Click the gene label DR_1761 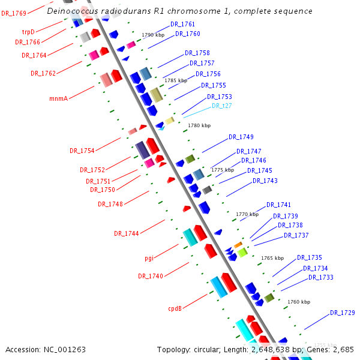(x=182, y=24)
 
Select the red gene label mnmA (x=58, y=98)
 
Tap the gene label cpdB (x=175, y=309)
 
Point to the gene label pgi (x=149, y=258)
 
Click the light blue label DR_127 (x=221, y=106)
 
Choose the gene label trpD (x=28, y=32)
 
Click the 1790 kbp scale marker (x=152, y=35)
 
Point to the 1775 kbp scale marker (x=222, y=170)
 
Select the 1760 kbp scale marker (x=299, y=302)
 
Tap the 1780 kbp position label (x=199, y=125)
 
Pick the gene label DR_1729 (x=342, y=313)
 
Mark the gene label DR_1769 (x=13, y=13)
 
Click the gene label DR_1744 (x=126, y=233)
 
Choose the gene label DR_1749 (x=241, y=137)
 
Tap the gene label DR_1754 (x=82, y=150)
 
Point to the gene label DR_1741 (x=278, y=205)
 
